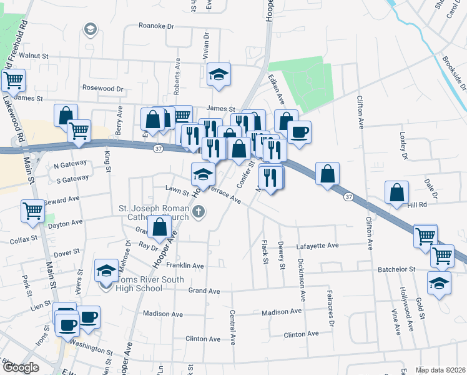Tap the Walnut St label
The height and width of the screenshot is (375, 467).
[x=34, y=56]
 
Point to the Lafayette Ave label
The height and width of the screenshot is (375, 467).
[x=317, y=246]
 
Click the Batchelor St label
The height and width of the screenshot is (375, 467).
[x=396, y=269]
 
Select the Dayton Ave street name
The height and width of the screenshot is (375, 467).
[x=66, y=222]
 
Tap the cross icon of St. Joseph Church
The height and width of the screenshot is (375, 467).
[x=199, y=212]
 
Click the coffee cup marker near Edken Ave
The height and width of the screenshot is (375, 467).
[x=299, y=132]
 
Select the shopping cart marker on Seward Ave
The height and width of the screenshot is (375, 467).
[x=32, y=210]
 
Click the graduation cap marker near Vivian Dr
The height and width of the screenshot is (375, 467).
[x=219, y=74]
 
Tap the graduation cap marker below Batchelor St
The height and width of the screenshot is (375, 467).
[x=439, y=282]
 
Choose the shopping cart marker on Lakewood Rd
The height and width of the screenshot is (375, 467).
[x=13, y=80]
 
